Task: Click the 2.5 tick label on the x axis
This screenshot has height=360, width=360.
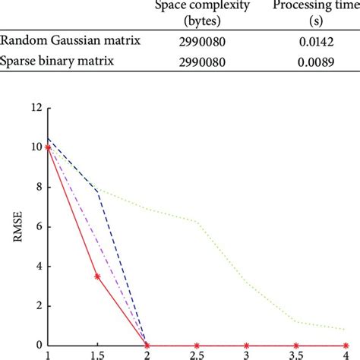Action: tap(197, 355)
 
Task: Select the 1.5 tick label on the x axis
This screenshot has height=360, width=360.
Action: tap(97, 355)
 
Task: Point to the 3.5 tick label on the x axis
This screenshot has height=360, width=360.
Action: tap(295, 355)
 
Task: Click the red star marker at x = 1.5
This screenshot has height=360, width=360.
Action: tap(97, 276)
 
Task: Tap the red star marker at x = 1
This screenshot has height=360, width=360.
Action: tap(48, 147)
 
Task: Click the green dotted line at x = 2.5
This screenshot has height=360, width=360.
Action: tap(197, 222)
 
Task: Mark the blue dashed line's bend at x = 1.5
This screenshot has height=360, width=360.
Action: tap(97, 190)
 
